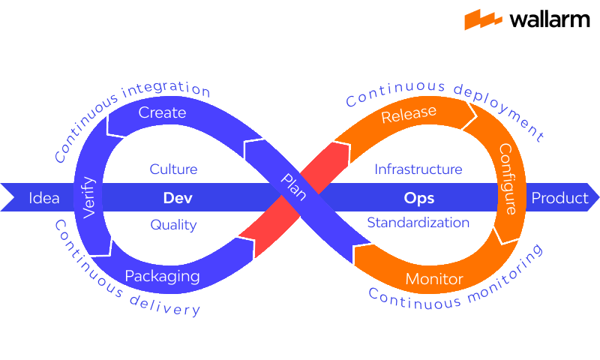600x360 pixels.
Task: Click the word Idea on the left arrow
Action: pos(43,199)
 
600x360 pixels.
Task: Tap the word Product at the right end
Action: pos(559,198)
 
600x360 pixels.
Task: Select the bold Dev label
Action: pos(178,199)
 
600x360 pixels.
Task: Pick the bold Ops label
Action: pos(419,199)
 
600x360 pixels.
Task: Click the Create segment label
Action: pos(162,112)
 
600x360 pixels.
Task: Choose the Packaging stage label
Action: pos(162,276)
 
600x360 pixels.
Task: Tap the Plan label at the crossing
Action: pos(293,187)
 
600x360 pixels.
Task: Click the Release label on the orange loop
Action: pos(409,115)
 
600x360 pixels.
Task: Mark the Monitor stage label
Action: pos(434,280)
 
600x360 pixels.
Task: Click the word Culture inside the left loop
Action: pos(173,169)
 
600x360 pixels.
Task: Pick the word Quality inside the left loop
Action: pos(173,224)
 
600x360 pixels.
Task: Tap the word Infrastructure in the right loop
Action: pos(418,169)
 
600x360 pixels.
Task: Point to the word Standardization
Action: pos(418,223)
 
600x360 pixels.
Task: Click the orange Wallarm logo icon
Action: pos(483,19)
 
